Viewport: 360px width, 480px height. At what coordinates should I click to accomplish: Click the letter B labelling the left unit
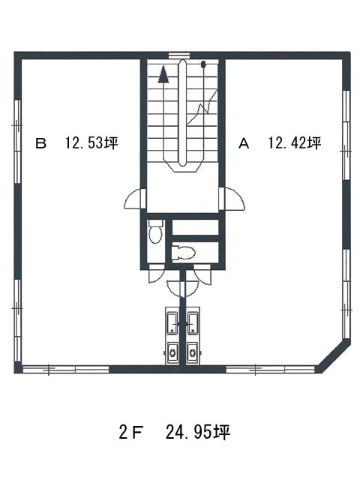[40, 143]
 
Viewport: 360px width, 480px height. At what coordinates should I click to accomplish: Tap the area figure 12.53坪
[91, 143]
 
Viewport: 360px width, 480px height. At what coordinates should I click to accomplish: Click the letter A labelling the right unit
[244, 143]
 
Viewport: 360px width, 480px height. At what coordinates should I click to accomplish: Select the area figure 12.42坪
[295, 143]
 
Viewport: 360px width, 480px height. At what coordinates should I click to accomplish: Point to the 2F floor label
[131, 433]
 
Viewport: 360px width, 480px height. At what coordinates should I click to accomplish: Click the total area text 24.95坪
[198, 432]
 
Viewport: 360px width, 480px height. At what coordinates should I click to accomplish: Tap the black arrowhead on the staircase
[163, 74]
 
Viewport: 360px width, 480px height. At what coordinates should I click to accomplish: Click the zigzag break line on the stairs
[202, 106]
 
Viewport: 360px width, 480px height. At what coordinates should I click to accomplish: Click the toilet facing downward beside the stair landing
[155, 232]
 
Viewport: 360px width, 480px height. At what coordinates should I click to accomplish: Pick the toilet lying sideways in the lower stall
[183, 253]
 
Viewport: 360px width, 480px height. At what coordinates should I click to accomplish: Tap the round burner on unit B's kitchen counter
[172, 352]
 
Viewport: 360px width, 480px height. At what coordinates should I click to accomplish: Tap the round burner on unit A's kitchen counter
[193, 352]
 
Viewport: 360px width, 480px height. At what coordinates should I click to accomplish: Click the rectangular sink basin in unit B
[172, 323]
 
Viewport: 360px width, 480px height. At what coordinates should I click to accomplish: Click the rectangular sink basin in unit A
[193, 323]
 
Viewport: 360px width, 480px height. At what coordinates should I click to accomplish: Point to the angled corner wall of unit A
[334, 356]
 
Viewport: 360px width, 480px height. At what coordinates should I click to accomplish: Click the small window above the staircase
[179, 55]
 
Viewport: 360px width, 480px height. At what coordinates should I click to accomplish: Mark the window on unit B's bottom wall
[66, 369]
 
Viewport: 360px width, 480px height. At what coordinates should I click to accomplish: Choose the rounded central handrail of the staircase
[183, 113]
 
